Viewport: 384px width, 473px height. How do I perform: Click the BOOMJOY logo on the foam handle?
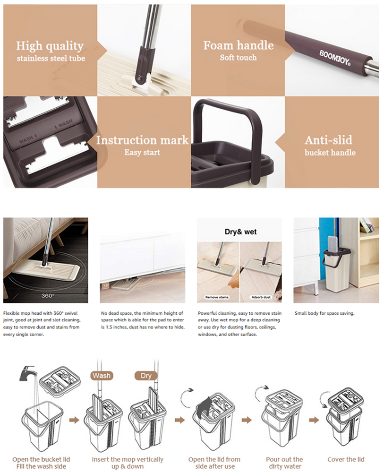[334, 58]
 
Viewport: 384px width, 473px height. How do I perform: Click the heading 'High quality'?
[50, 46]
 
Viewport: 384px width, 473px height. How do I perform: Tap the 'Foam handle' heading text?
[239, 45]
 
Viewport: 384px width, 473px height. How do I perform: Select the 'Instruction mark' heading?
[142, 140]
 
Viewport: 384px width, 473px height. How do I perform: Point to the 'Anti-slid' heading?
[328, 140]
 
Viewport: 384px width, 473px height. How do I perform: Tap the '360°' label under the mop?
[48, 296]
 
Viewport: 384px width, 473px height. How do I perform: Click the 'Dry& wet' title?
[240, 232]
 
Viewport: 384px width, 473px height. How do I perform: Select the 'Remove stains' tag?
[217, 297]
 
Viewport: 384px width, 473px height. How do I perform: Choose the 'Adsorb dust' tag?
[261, 297]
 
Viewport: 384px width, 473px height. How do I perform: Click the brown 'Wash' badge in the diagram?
[102, 376]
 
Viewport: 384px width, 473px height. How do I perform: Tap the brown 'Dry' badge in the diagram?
[146, 376]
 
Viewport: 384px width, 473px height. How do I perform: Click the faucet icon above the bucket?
[28, 373]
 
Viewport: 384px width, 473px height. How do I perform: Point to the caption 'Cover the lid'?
[346, 459]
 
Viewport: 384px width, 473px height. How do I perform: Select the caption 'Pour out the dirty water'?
[284, 463]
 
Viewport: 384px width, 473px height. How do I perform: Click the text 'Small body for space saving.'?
[324, 313]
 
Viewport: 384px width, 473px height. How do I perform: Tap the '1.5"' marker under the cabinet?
[106, 285]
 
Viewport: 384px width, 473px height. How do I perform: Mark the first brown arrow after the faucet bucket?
[74, 420]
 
